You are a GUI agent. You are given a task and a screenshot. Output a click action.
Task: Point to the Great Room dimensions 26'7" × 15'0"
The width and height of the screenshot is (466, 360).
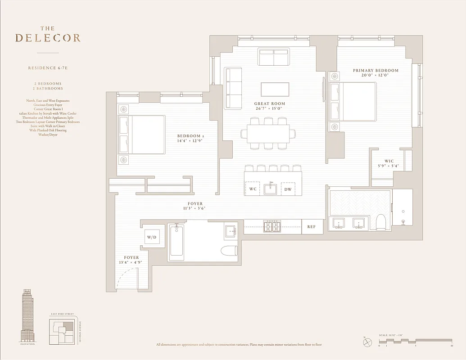point(269,108)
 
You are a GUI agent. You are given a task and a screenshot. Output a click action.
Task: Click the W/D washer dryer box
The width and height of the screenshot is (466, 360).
point(152,237)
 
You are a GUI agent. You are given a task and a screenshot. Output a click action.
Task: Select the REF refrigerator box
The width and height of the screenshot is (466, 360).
point(312,227)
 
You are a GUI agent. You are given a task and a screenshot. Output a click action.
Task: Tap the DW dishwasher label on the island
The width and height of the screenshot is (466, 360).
point(288,189)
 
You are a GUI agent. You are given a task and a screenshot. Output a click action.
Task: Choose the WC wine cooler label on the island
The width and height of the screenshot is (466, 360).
point(253,189)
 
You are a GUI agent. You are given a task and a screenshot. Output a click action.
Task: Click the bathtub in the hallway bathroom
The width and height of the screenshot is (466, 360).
point(176,243)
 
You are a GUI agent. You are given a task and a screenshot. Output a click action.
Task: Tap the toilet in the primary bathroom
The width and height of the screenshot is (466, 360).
point(381,222)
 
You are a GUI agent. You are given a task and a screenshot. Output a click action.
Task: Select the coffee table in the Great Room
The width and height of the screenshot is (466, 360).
point(275,89)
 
